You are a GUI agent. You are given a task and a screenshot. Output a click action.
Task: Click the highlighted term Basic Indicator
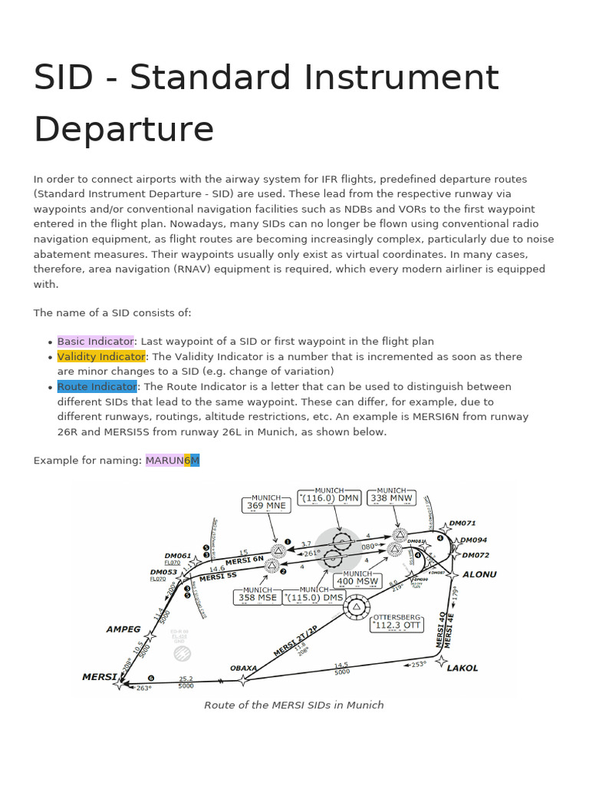click(95, 342)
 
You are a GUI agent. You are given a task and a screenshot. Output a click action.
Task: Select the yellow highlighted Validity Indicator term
click(100, 357)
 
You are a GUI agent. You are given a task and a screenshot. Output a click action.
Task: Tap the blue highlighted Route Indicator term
click(97, 387)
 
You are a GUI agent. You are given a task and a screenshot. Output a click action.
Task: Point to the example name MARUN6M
click(173, 461)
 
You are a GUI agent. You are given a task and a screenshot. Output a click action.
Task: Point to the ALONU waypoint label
click(479, 574)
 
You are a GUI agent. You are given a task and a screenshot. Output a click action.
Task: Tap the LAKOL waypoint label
click(462, 668)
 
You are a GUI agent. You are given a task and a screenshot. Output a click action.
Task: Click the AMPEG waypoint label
click(123, 629)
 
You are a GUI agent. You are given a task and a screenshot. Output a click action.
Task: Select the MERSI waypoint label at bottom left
click(100, 677)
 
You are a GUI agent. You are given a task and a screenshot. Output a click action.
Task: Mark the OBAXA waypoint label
click(243, 668)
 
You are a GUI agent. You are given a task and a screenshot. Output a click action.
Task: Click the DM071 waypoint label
click(462, 523)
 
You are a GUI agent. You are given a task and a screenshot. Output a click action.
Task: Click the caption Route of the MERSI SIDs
click(294, 705)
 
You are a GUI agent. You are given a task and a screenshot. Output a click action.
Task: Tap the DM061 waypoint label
click(178, 556)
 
